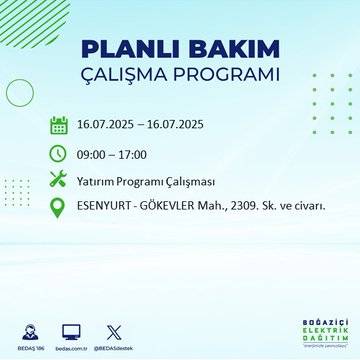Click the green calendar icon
pos(58,126)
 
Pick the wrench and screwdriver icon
pos(58,180)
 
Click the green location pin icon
pos(58,208)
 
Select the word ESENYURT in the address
pos(108,207)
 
